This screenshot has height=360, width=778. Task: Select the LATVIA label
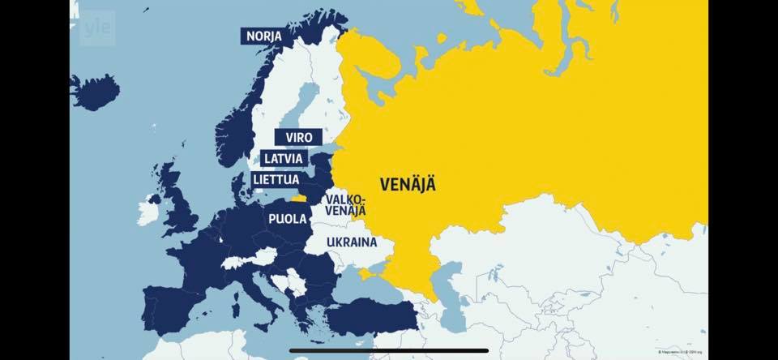(284, 158)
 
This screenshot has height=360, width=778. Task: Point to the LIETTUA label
(276, 178)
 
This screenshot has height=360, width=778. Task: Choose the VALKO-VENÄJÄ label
(345, 205)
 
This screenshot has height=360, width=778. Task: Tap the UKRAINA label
(352, 242)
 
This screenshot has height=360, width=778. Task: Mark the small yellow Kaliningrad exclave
(299, 197)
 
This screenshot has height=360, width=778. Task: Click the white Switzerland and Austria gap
(243, 263)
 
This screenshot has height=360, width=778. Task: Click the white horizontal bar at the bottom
(388, 350)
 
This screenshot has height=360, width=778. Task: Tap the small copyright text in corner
(681, 352)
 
